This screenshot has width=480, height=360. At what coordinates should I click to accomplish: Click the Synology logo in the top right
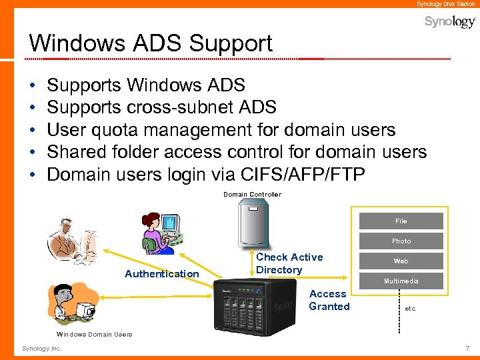pos(450,22)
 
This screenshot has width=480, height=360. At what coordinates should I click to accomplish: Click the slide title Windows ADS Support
pos(151,43)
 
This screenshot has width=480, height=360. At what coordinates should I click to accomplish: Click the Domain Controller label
pos(252,195)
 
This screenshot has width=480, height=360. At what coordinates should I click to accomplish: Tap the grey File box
pos(401,221)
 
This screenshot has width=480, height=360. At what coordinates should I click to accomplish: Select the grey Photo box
pos(401,241)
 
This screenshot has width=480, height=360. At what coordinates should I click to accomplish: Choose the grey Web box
pos(401,261)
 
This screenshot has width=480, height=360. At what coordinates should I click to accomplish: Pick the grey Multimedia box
pos(401,281)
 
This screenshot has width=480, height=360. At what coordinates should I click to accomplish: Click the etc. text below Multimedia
pos(411,309)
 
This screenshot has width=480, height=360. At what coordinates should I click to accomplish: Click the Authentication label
pos(162,274)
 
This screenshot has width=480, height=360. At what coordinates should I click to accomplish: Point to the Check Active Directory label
pos(289,263)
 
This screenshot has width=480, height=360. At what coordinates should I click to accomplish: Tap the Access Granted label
pos(329,300)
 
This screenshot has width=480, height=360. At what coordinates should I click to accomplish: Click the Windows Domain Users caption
pos(95,334)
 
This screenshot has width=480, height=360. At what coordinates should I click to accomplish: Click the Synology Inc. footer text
pos(41,349)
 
